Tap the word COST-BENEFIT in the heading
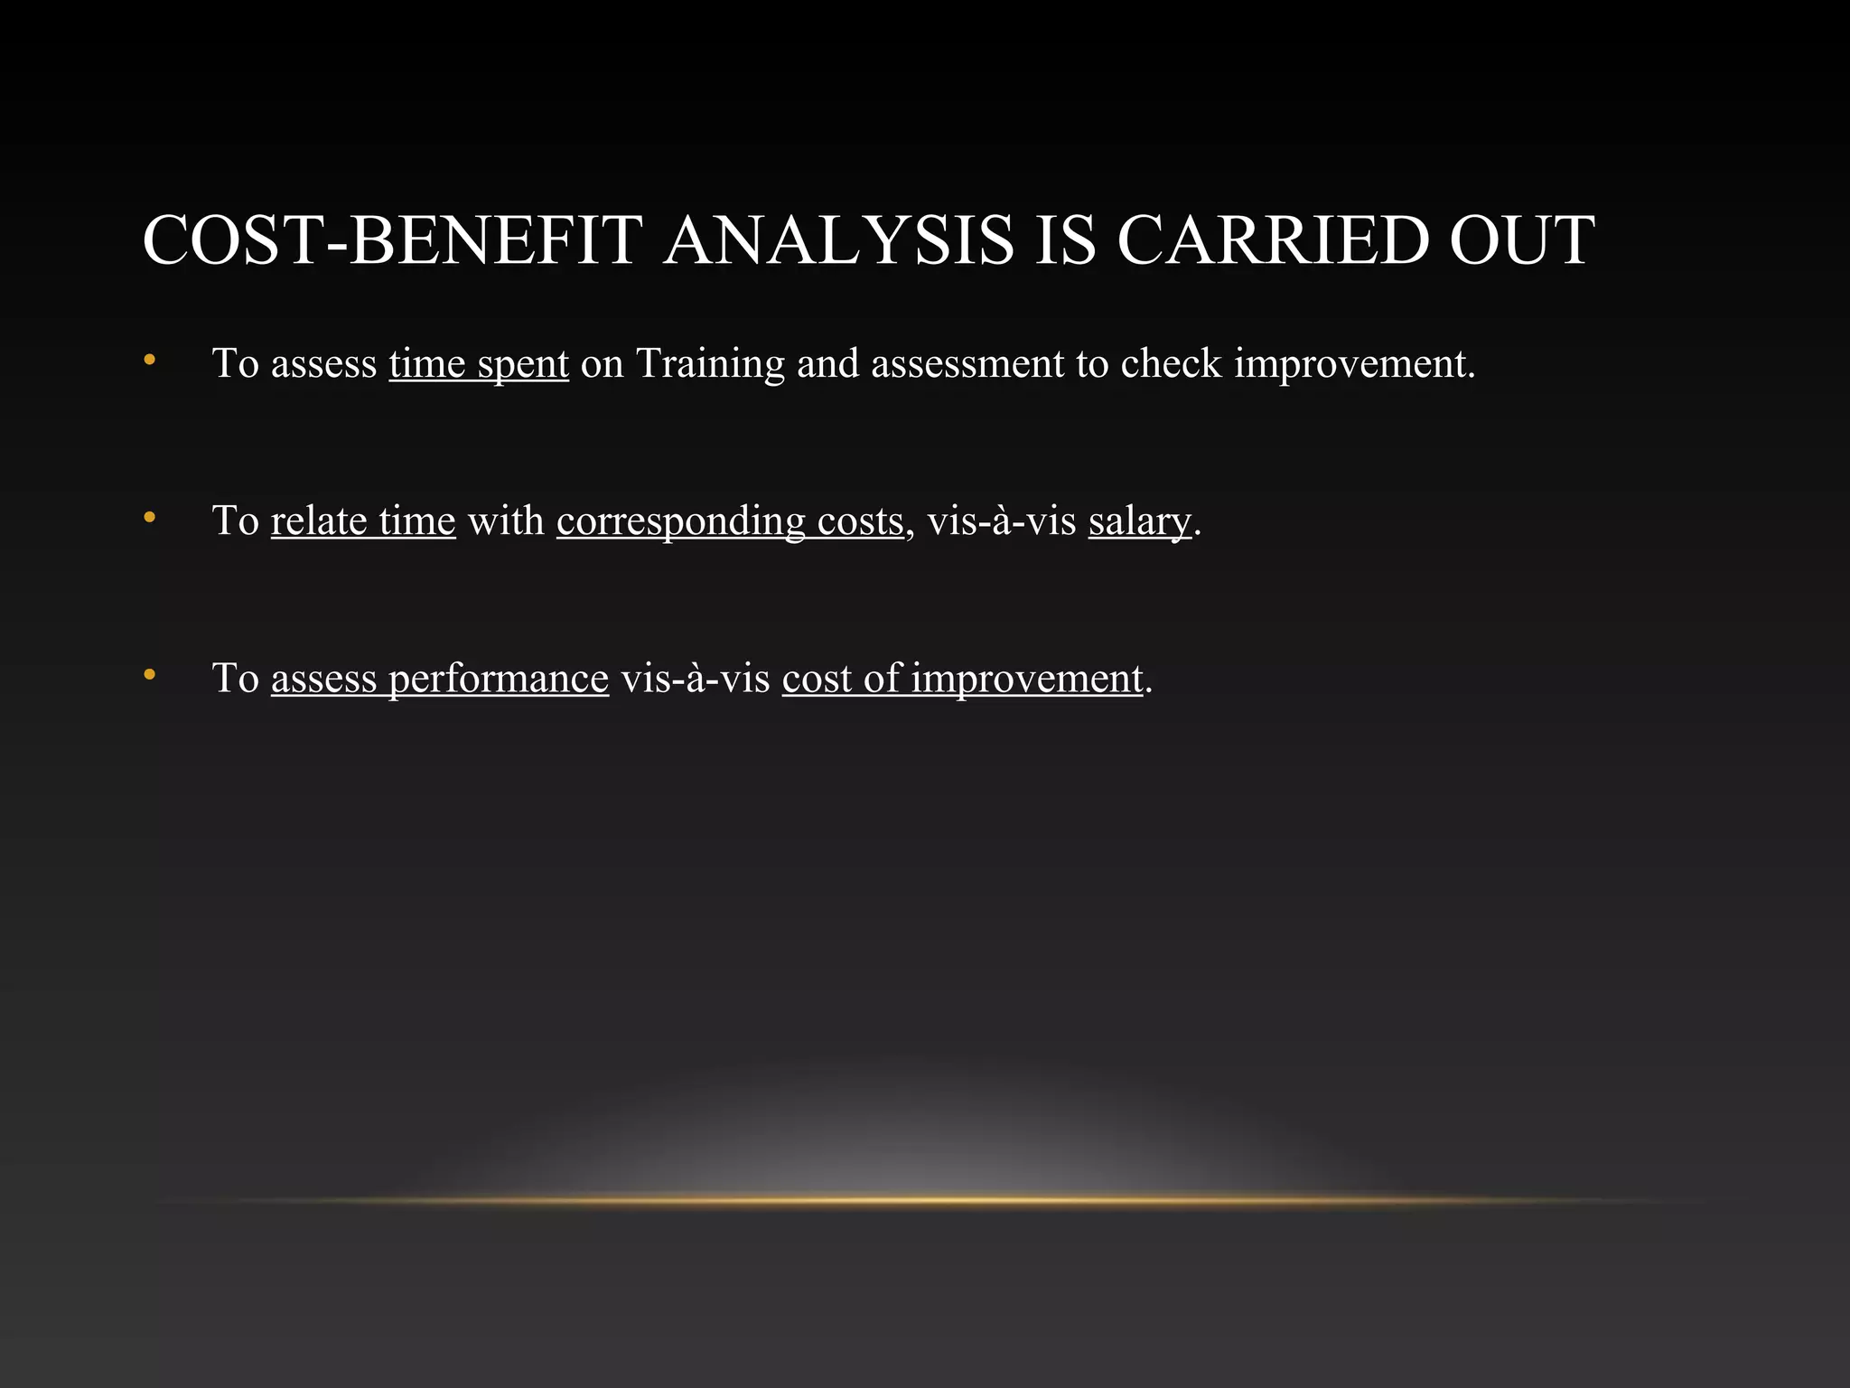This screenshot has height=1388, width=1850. [393, 240]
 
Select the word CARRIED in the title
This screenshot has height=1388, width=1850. [1274, 240]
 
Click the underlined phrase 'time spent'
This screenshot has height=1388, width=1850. [479, 364]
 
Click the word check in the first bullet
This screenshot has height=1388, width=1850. [1171, 364]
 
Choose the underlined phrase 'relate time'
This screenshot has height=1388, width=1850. [363, 521]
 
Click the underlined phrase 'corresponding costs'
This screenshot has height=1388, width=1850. [730, 521]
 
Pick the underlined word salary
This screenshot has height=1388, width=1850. [1139, 521]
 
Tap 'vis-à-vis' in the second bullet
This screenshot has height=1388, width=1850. [1002, 521]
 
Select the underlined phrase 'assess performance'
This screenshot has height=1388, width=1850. [440, 679]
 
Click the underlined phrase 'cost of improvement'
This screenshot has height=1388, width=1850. [962, 679]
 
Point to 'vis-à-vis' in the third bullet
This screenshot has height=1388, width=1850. [695, 679]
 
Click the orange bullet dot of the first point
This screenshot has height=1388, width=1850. [150, 361]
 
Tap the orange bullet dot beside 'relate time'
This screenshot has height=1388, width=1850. [150, 518]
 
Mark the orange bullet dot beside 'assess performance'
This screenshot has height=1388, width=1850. [150, 675]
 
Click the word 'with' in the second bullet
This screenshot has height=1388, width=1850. [506, 521]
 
